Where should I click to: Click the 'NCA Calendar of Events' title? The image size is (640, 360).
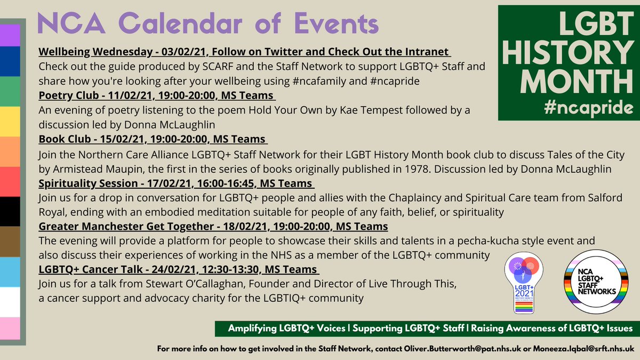(208, 24)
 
